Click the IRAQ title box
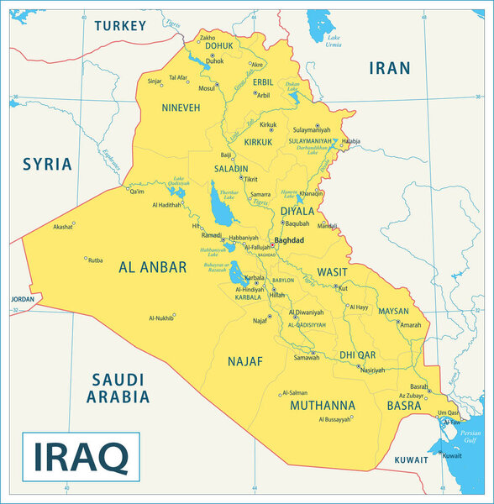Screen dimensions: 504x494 (x=81, y=455)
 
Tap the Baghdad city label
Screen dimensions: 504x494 (x=290, y=240)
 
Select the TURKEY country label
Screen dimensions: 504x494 (x=120, y=26)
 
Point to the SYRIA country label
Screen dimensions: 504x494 (x=47, y=164)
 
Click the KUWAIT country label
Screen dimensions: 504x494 (x=411, y=460)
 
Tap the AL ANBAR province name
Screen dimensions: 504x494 (x=152, y=268)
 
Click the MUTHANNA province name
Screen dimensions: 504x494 (x=323, y=405)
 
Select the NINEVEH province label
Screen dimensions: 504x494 (x=181, y=108)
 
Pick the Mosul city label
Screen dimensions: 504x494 (x=207, y=87)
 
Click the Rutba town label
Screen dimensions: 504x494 (x=95, y=260)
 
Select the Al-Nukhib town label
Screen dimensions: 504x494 (x=161, y=318)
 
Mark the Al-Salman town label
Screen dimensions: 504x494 (x=295, y=392)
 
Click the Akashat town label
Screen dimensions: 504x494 (x=63, y=227)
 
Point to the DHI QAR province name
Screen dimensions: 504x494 (x=358, y=355)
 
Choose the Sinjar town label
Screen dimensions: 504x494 (x=155, y=81)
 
